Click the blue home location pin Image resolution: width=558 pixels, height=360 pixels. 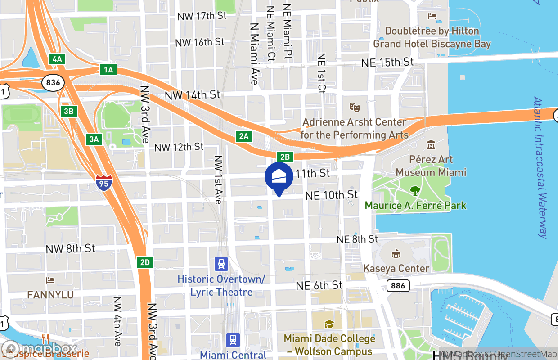tap(279, 177)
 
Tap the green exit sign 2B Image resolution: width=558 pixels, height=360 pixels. tap(285, 157)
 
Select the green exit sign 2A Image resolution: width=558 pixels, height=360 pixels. tap(244, 136)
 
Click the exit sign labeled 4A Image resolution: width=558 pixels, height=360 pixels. tap(57, 59)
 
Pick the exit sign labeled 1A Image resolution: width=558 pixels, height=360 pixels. tap(108, 70)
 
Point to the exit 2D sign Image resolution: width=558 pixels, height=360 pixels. tap(145, 262)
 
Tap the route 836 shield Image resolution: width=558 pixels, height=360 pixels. tap(53, 82)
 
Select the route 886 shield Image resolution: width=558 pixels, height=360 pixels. tap(398, 285)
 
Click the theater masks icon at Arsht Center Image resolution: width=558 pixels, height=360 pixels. tap(355, 108)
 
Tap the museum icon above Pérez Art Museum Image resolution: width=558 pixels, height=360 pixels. tap(431, 145)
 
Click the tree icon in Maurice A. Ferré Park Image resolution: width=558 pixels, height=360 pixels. tap(415, 191)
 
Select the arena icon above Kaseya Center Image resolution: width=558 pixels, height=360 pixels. tap(396, 254)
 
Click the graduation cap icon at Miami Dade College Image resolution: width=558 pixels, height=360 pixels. tap(329, 324)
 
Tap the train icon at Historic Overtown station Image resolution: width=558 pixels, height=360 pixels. tap(221, 263)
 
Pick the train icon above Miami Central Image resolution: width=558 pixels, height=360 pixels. tap(233, 340)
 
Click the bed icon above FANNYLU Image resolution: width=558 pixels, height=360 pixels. tap(50, 280)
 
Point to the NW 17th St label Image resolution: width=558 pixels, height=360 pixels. tap(202, 16)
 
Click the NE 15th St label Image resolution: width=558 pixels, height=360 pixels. tap(387, 62)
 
